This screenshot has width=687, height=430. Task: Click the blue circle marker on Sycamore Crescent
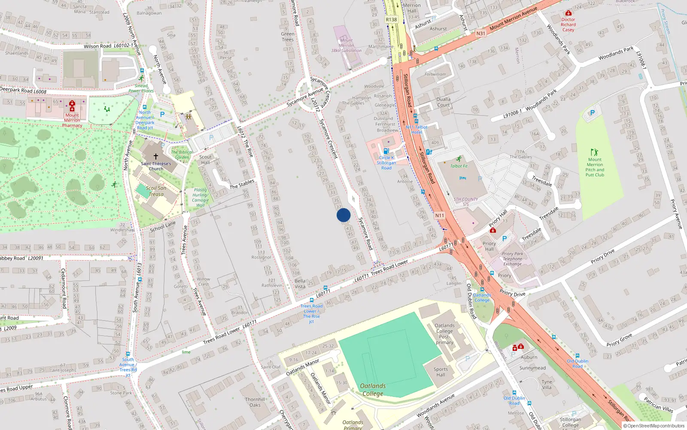point(343,215)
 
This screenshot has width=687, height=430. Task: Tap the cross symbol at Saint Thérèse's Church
point(156,157)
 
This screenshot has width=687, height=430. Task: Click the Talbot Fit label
point(459,166)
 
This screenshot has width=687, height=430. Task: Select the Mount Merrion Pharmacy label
point(72,120)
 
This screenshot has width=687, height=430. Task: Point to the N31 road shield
point(481,33)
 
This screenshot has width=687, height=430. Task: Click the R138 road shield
point(391,20)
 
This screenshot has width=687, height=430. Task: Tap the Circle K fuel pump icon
point(386,151)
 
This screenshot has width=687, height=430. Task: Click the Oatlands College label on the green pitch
point(373,390)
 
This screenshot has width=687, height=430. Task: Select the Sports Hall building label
point(441,372)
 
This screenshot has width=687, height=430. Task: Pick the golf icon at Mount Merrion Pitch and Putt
point(594,152)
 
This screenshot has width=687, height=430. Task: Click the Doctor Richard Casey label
point(568,25)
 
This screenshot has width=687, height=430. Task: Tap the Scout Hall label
point(206,160)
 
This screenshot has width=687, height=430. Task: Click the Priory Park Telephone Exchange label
point(513,259)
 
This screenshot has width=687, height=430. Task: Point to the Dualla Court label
point(444,102)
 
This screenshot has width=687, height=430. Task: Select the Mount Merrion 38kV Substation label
point(346,46)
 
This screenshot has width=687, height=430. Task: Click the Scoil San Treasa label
point(156,191)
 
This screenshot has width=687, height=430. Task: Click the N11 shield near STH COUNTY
point(440,215)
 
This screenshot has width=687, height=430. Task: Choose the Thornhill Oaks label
point(255,402)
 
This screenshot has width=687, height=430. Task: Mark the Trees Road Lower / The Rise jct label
point(311,313)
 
